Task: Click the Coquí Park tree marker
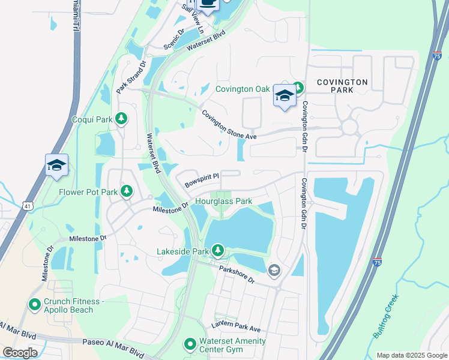tap(122, 119)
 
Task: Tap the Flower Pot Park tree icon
tap(127, 191)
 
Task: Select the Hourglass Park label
tap(223, 202)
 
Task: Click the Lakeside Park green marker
tap(217, 250)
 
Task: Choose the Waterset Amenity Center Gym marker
tap(190, 344)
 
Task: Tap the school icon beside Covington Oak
tap(285, 95)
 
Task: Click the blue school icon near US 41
tap(56, 165)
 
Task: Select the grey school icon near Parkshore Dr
tap(274, 271)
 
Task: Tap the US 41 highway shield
tap(28, 206)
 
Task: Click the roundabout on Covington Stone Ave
tap(349, 127)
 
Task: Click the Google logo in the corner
tap(20, 352)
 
